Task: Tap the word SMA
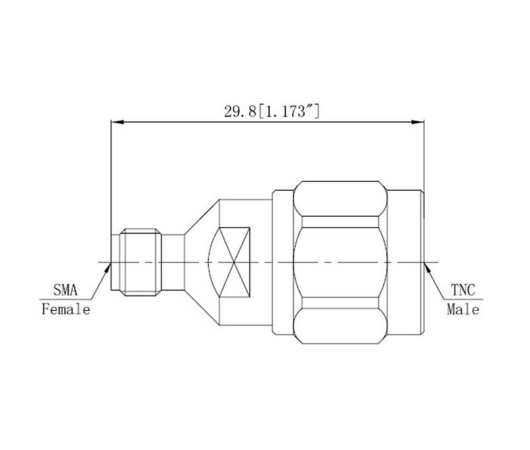[65, 290]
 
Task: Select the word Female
[66, 309]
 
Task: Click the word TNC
[463, 290]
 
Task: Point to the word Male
[463, 309]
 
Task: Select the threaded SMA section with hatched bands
[141, 262]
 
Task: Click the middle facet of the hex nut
[340, 262]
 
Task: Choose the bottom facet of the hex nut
[340, 325]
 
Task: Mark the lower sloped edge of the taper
[201, 308]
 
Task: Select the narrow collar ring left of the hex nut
[282, 262]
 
